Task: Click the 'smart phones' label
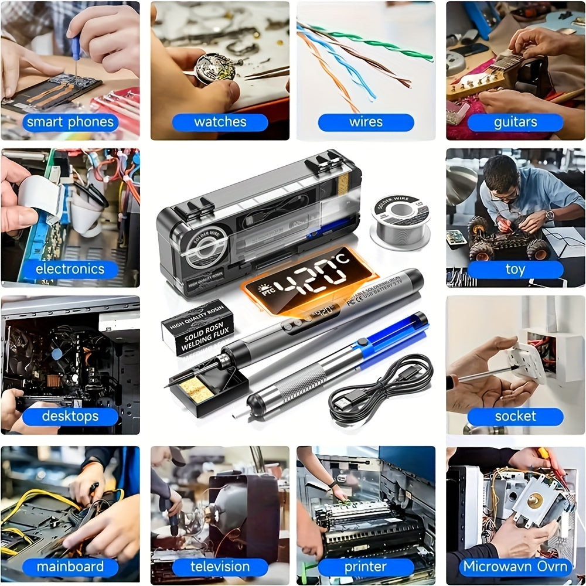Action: click(70, 122)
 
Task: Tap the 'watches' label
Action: click(220, 122)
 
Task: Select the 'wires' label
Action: click(366, 122)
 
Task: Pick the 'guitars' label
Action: click(515, 122)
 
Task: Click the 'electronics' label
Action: click(70, 269)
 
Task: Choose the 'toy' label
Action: click(515, 269)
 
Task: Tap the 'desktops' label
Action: click(70, 417)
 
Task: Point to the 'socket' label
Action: click(515, 416)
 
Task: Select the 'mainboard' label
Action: click(70, 567)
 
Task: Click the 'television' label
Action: click(220, 567)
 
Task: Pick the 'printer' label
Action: click(366, 567)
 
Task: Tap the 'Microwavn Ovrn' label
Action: click(515, 567)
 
